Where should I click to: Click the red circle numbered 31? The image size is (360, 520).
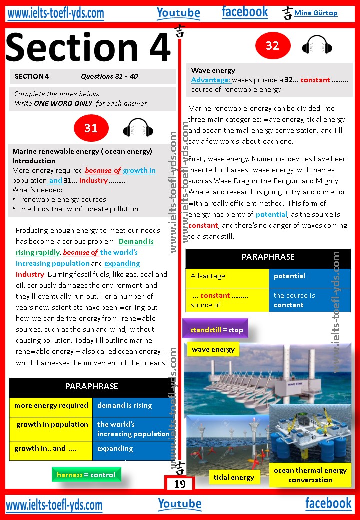[x=91, y=128]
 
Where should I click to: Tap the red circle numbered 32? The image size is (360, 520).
[x=272, y=46]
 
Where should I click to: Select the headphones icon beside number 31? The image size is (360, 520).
[x=138, y=128]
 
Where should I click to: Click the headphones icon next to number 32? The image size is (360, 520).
[x=317, y=46]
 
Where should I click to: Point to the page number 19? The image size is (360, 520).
[x=180, y=484]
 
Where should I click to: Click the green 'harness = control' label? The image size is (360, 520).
[x=86, y=475]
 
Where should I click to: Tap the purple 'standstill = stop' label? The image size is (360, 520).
[x=216, y=330]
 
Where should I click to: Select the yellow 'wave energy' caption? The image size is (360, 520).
[x=213, y=349]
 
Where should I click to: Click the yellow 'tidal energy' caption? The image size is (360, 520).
[x=234, y=477]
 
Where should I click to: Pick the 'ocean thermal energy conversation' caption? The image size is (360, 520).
[x=310, y=475]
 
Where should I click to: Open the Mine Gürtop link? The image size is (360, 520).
[x=316, y=13]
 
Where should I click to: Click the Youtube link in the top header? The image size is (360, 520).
[x=178, y=13]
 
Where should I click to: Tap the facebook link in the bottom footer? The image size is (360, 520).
[x=328, y=503]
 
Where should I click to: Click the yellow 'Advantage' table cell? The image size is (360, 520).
[x=227, y=276]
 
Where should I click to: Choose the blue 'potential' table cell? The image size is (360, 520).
[x=310, y=276]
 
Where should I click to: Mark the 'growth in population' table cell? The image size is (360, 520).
[x=51, y=425]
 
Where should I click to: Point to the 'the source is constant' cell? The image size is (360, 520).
[x=310, y=300]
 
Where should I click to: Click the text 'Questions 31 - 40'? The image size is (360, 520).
[x=109, y=76]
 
